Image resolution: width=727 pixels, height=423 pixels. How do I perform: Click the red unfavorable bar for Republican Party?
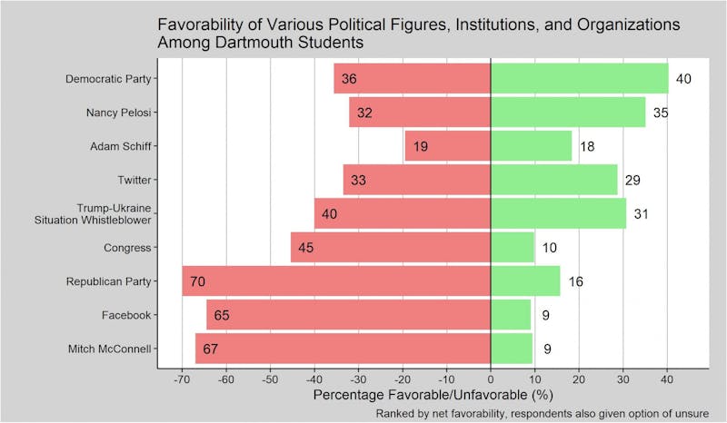pos(336,281)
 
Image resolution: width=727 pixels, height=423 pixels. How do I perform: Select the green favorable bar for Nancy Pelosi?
pos(568,113)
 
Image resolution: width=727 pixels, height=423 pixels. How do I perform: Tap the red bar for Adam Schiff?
pos(447,146)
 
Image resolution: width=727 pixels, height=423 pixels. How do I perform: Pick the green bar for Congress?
pos(513,248)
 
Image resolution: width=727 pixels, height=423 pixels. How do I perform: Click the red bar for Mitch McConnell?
pos(344,349)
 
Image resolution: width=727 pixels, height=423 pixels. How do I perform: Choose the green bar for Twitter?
pos(553,180)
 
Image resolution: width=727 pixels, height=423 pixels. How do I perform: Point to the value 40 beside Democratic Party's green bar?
pos(684,79)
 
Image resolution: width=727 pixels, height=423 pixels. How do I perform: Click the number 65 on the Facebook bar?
pos(222,315)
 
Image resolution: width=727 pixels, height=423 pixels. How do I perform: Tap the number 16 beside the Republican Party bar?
pos(575,281)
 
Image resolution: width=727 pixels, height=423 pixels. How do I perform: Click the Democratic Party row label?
pos(108,79)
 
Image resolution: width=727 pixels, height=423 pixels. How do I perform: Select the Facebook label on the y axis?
pos(126,315)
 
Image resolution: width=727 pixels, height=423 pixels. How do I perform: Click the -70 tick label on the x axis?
pos(183,380)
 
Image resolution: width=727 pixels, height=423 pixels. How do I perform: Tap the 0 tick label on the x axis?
pos(491,380)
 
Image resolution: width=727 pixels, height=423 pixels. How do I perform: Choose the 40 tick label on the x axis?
pos(667,380)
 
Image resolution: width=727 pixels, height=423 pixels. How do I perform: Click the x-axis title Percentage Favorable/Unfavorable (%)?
pos(433,396)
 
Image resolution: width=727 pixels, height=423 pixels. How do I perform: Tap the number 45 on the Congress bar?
pos(306,248)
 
